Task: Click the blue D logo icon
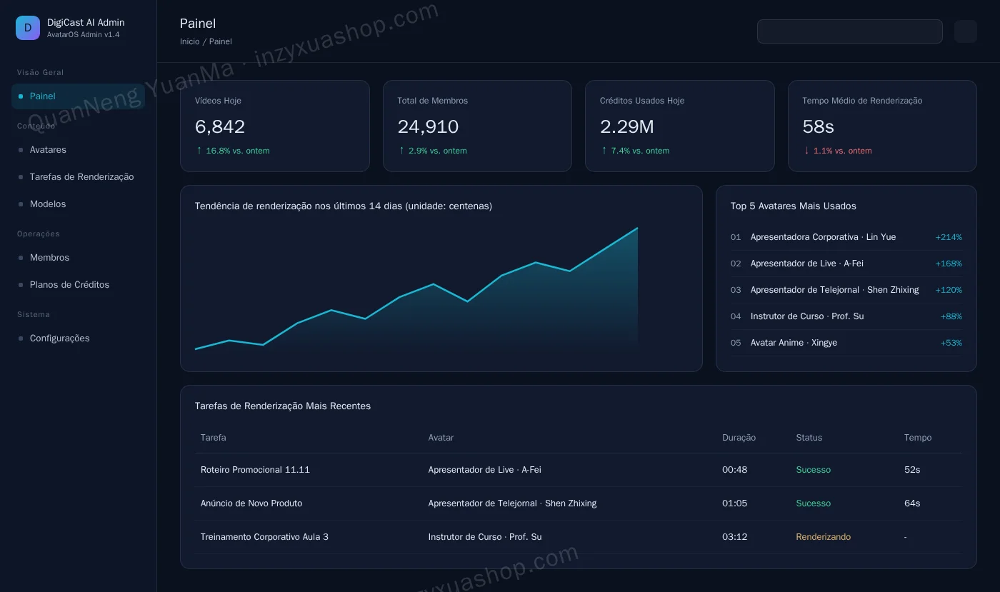28,28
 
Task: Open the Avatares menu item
48,149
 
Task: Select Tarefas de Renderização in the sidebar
81,177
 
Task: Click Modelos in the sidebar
48,204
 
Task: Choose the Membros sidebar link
49,258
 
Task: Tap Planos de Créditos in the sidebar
69,284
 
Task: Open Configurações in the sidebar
59,338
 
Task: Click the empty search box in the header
849,31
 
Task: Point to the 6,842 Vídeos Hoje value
220,127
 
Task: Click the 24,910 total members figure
428,127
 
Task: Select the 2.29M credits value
626,127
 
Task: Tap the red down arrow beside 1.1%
806,151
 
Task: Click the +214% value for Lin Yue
949,237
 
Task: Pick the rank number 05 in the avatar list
735,343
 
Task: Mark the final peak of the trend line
637,228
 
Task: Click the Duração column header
739,438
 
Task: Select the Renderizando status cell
823,536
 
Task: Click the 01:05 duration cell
734,503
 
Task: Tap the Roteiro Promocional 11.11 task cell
255,470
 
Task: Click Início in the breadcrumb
190,41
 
